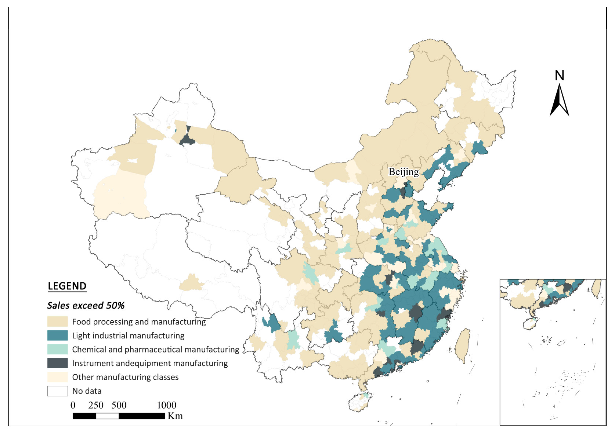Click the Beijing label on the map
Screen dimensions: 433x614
(404, 172)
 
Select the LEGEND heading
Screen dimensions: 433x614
(67, 286)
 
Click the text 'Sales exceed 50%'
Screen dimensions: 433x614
(86, 306)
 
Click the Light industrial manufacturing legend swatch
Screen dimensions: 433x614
(57, 335)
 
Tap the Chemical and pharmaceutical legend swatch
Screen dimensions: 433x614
(57, 349)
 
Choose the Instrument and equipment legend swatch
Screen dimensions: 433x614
(57, 363)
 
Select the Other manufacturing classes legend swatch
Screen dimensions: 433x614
(57, 377)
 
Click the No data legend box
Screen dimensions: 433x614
(57, 391)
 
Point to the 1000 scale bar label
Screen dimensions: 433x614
(166, 405)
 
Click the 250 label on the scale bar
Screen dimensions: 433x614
(96, 405)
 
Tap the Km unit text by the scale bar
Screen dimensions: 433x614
(175, 416)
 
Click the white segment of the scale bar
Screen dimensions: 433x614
(107, 416)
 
